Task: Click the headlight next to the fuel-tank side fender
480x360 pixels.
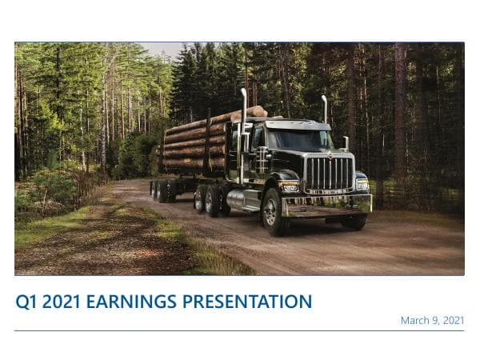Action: (x=290, y=187)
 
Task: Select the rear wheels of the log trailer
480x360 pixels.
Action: (x=164, y=190)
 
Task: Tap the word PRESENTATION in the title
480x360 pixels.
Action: (x=247, y=302)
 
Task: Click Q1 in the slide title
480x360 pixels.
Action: (x=26, y=302)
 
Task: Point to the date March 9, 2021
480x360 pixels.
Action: (x=432, y=320)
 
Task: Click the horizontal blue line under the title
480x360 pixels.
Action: (x=239, y=330)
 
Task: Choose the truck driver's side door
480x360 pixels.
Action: (x=258, y=156)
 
